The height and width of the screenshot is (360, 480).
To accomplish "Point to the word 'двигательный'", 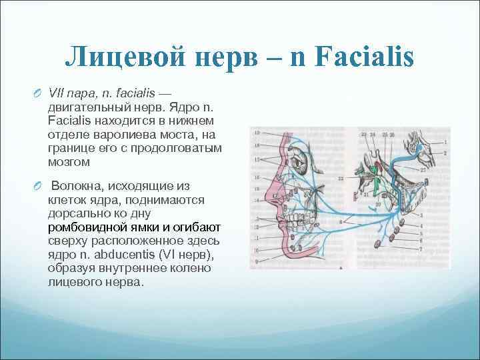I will point(81,107).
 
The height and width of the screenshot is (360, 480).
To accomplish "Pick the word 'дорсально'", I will point(75,214).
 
